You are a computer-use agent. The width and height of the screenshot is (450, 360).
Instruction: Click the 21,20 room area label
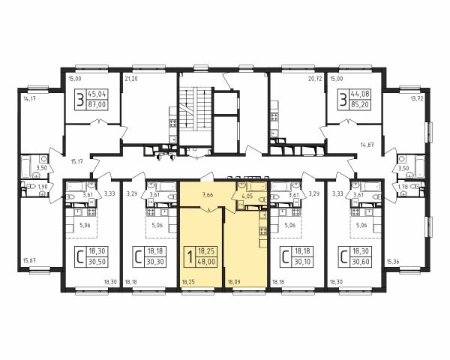[131, 79]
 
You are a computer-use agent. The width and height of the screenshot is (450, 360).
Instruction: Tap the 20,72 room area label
[314, 79]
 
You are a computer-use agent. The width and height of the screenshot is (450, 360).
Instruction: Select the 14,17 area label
[29, 99]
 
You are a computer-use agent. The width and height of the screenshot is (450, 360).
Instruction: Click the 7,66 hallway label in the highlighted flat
[208, 195]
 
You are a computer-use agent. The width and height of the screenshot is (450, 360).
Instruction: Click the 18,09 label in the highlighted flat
[234, 282]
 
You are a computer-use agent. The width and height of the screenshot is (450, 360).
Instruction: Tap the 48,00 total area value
[207, 262]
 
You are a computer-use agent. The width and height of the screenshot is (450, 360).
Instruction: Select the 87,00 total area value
[97, 105]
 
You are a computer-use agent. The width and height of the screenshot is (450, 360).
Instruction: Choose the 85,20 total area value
[361, 105]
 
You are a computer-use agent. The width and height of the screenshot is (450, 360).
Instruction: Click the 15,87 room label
[29, 261]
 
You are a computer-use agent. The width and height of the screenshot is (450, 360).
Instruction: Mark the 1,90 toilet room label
[43, 187]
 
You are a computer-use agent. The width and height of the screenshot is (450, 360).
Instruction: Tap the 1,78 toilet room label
[403, 188]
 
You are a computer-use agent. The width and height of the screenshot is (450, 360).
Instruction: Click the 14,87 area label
[367, 145]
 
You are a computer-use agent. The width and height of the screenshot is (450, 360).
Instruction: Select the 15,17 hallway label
[76, 161]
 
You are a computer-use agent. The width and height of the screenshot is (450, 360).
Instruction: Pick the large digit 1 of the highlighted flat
[190, 256]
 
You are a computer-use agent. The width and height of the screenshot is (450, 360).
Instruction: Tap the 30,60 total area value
[361, 262]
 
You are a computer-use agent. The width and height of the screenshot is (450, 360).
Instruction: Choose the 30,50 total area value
[97, 262]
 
